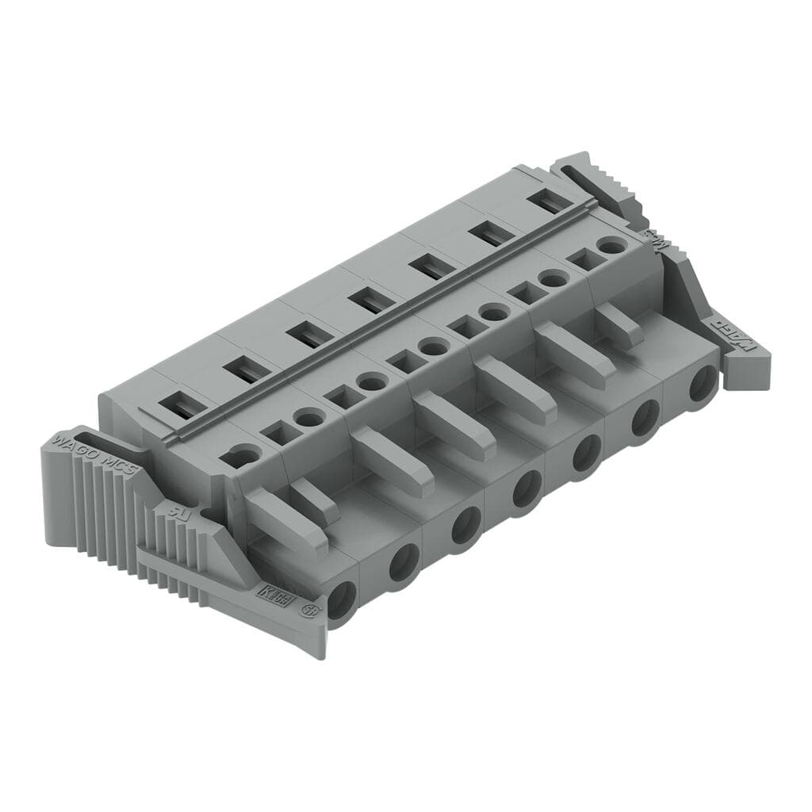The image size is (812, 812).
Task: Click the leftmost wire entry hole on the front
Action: click(343, 599)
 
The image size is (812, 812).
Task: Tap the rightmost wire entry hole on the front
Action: click(702, 385)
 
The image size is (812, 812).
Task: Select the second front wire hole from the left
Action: click(404, 563)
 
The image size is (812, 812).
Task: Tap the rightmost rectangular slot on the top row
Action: click(548, 201)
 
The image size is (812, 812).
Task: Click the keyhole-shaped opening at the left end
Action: click(243, 456)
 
